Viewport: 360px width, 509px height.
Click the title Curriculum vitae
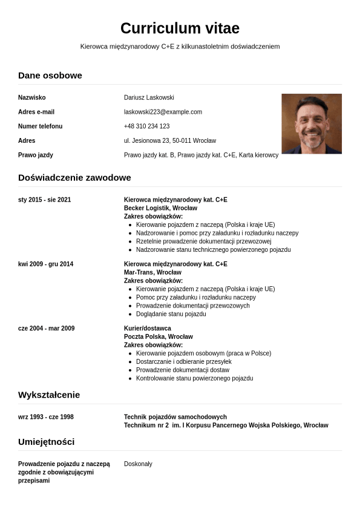(x=180, y=28)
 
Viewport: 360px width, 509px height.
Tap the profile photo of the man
(x=312, y=123)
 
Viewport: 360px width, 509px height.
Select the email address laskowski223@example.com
(x=163, y=112)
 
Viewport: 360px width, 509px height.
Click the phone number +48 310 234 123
(x=146, y=126)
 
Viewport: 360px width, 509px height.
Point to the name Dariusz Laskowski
(x=149, y=97)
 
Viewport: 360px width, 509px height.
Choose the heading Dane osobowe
(x=50, y=75)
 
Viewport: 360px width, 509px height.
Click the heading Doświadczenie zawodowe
(x=74, y=177)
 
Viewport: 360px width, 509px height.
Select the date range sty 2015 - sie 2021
(x=44, y=200)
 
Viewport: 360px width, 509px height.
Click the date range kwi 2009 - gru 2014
(x=45, y=264)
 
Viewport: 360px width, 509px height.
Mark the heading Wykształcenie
(x=49, y=395)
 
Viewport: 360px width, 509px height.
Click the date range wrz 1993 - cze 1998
(x=46, y=417)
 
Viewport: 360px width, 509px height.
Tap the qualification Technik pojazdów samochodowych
(x=175, y=417)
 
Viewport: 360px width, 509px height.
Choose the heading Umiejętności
(x=46, y=441)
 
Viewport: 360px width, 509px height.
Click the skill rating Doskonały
(x=138, y=464)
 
